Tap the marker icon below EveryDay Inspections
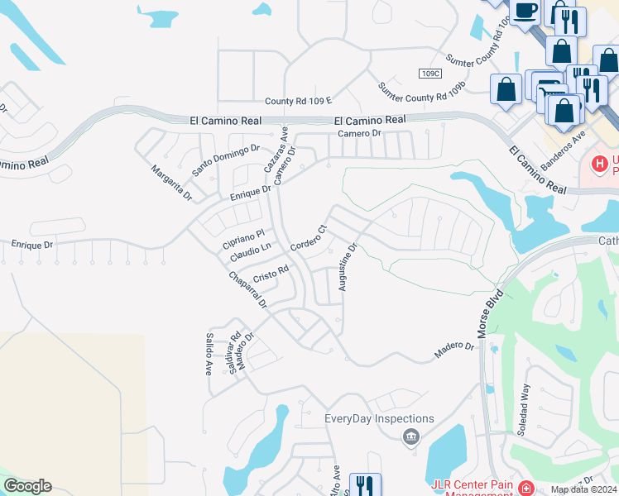[411, 436]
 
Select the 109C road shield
[429, 74]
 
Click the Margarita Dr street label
[171, 184]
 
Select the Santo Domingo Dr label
[226, 160]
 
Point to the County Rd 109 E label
[298, 101]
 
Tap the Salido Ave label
[209, 355]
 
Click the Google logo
[27, 486]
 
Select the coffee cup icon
[525, 12]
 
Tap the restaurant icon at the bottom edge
[364, 485]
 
